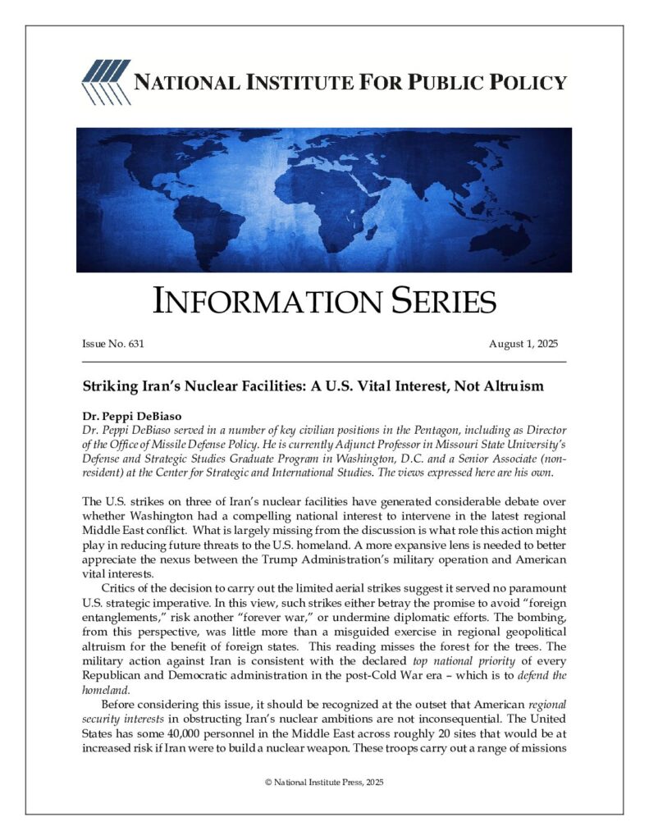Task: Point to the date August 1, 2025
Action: tap(524, 344)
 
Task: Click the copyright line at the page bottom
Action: tap(324, 783)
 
